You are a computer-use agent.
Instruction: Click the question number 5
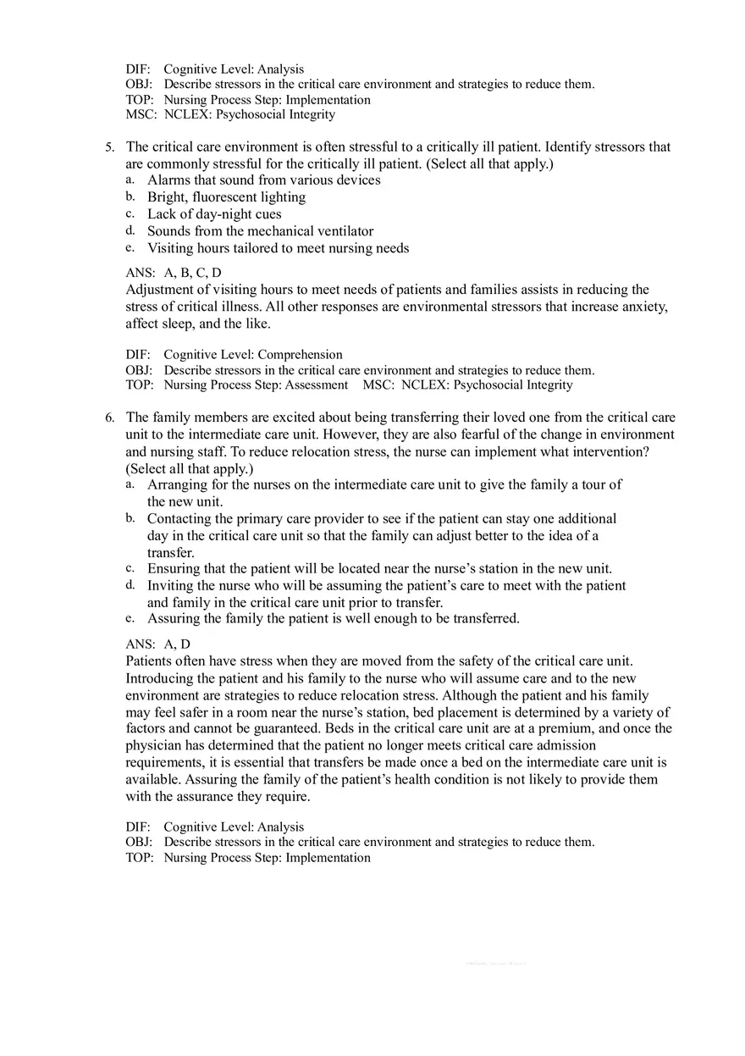coord(109,147)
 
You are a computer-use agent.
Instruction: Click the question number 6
coord(109,417)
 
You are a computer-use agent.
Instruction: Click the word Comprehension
coord(298,355)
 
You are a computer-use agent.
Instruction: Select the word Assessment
coord(315,385)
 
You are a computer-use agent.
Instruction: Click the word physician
coord(152,745)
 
